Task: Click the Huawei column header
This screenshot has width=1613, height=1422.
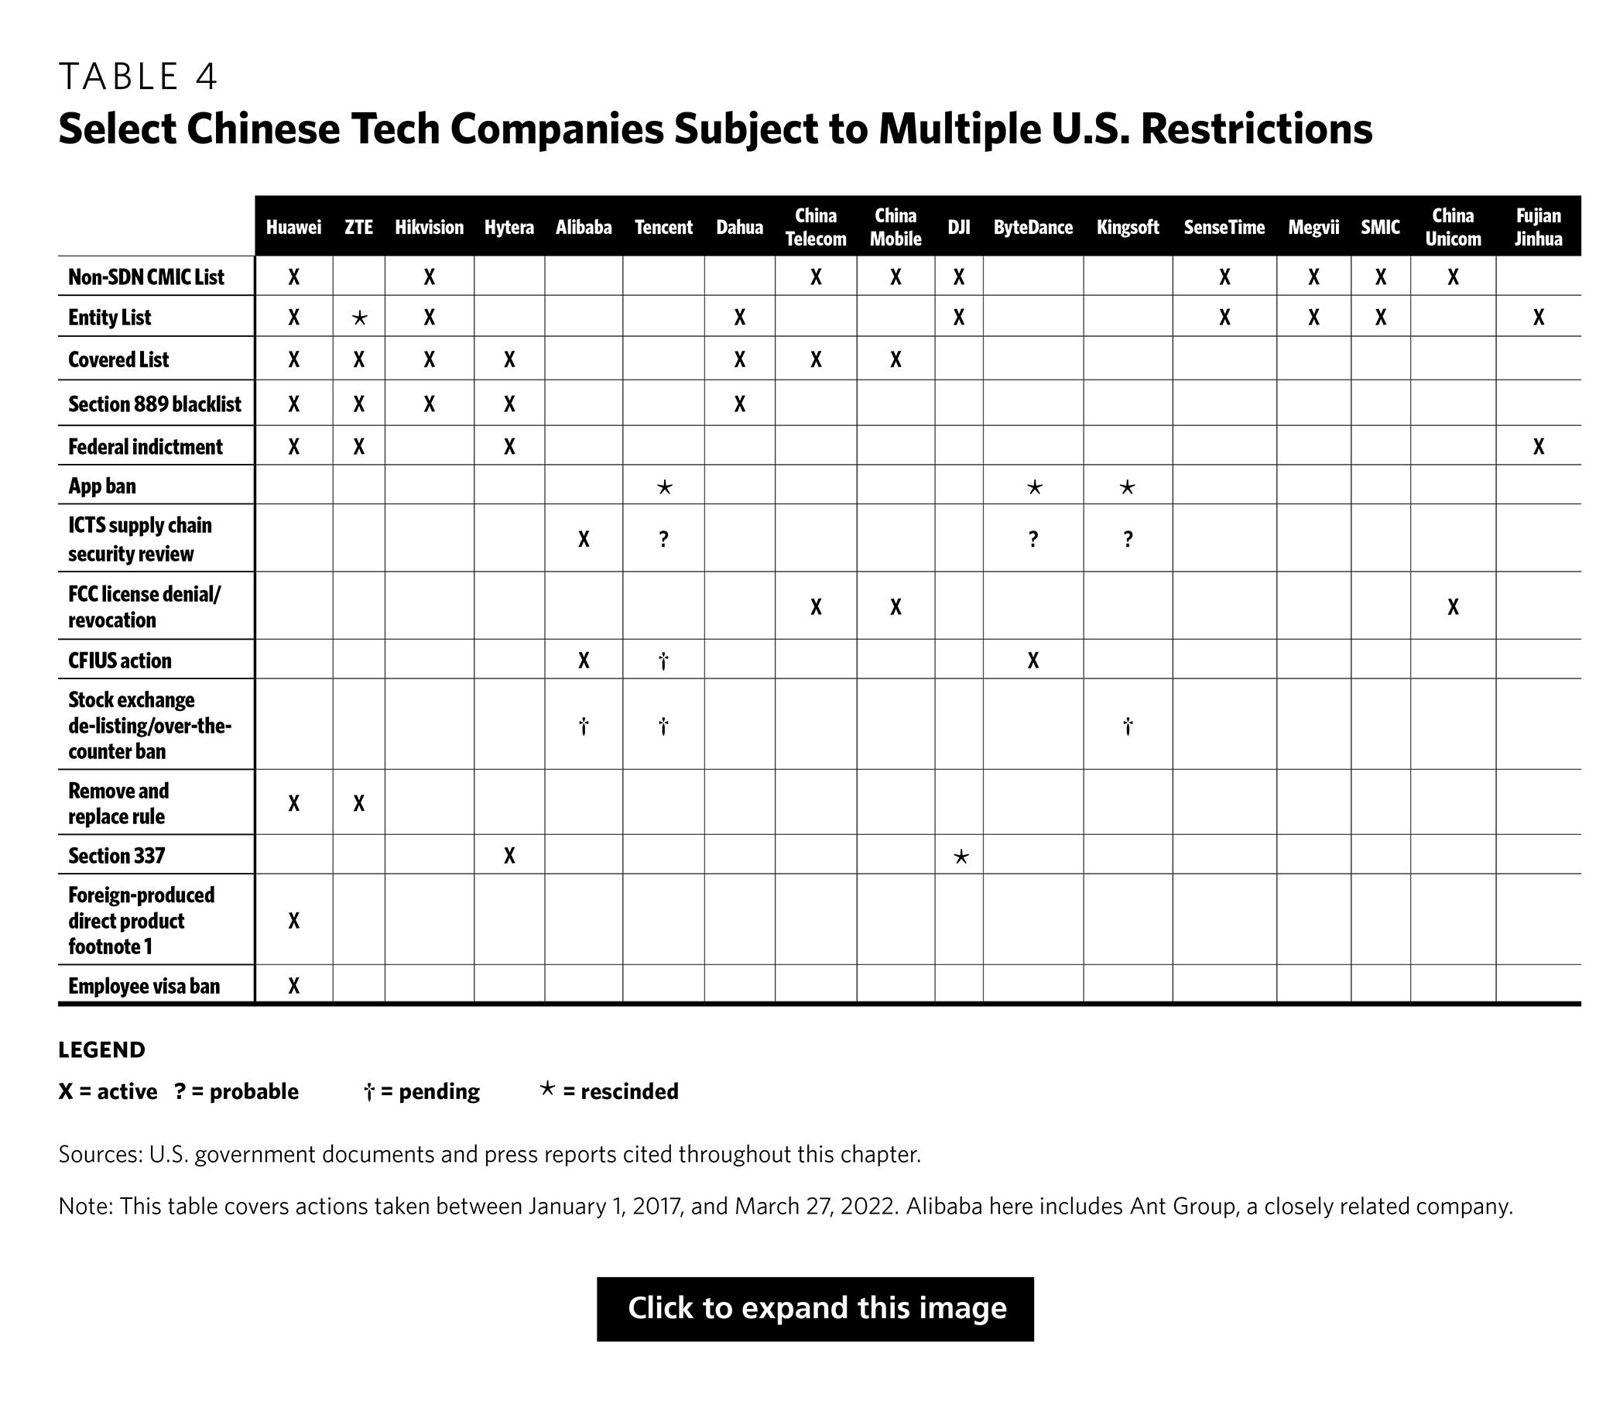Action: pos(293,228)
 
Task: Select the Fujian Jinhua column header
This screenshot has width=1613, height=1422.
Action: pos(1537,228)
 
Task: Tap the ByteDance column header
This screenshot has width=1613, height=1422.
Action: pos(1033,228)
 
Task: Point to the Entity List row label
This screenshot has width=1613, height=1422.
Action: pos(110,318)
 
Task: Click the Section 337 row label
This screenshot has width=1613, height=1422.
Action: pos(117,856)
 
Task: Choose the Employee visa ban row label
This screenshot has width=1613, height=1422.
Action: pos(144,986)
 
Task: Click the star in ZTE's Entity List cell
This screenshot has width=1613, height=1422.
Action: pos(359,318)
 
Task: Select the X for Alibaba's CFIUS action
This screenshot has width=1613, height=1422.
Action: pos(583,660)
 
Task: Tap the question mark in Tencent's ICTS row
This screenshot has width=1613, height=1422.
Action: pos(663,539)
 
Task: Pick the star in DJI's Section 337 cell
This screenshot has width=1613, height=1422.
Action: pos(961,857)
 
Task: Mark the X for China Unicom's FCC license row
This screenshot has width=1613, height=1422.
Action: pos(1453,606)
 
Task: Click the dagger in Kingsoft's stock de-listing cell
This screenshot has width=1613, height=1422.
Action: pos(1128,726)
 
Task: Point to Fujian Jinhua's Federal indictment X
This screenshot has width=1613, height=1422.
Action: pos(1538,447)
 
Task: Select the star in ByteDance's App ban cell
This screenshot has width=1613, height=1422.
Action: pos(1034,487)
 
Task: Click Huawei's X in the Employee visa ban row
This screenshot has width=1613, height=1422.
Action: pos(293,985)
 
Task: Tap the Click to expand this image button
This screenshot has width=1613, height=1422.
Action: pos(815,1309)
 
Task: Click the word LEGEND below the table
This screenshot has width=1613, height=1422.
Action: pos(102,1050)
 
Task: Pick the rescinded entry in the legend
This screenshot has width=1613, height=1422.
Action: pos(609,1091)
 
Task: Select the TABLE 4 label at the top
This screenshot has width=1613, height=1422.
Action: pos(138,77)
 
